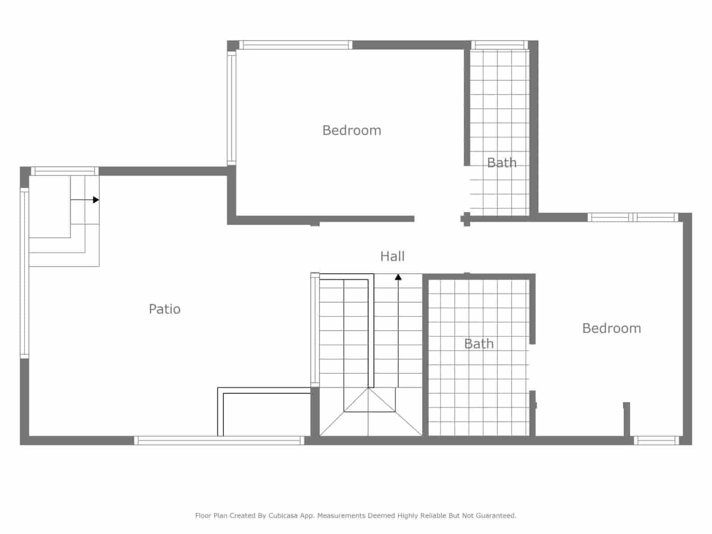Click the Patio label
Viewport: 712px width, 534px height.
[x=165, y=309]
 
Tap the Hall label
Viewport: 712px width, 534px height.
[x=392, y=256]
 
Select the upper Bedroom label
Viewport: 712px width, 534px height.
[x=352, y=130]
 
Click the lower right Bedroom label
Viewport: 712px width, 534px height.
[x=611, y=328]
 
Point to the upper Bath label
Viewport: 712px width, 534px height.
[x=502, y=163]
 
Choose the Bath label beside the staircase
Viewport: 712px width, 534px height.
[x=479, y=344]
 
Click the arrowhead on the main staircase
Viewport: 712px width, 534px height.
[x=398, y=277]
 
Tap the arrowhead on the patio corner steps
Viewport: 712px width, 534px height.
[x=96, y=200]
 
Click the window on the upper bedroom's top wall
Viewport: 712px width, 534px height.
[x=295, y=45]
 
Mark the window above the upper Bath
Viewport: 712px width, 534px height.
[x=499, y=45]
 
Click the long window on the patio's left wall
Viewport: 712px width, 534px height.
[x=24, y=273]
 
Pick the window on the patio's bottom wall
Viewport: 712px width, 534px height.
[x=219, y=441]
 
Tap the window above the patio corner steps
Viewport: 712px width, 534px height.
[x=65, y=171]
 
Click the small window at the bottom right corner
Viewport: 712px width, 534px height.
[x=656, y=441]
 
